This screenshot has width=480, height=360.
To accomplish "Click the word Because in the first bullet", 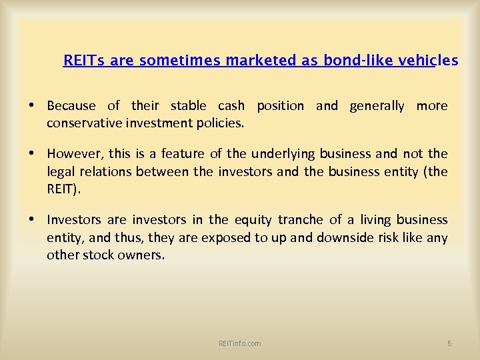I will pyautogui.click(x=71, y=106).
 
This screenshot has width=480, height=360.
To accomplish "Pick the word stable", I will pyautogui.click(x=191, y=106).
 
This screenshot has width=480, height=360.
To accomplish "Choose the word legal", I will pyautogui.click(x=60, y=171).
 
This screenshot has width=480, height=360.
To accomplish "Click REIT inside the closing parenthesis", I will pyautogui.click(x=62, y=189).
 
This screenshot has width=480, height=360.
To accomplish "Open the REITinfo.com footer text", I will pyautogui.click(x=240, y=343).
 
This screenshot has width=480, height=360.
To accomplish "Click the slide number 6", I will pyautogui.click(x=449, y=343).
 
